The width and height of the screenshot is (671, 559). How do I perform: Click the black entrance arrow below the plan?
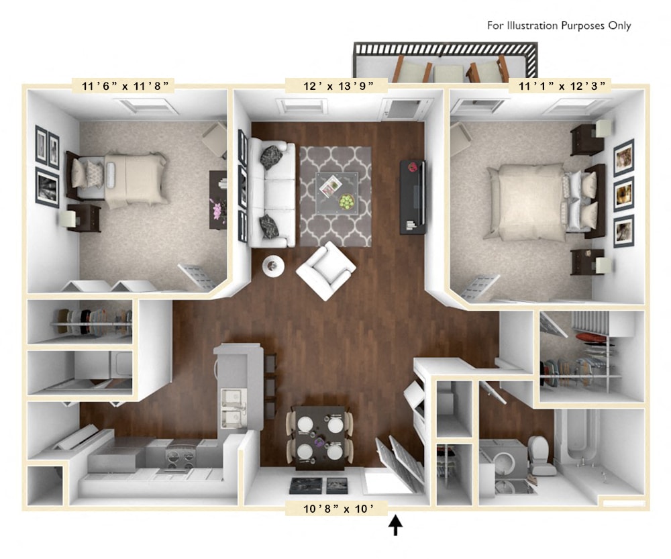[396, 525]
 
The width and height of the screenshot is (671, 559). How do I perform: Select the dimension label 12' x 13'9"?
[336, 85]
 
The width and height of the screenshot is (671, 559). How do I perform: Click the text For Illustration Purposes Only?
[559, 26]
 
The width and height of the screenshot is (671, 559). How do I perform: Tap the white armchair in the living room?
[325, 270]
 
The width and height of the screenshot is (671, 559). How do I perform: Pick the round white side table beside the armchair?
[272, 266]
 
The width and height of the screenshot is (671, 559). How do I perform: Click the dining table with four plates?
[320, 438]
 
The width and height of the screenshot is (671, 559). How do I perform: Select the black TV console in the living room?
[413, 196]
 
